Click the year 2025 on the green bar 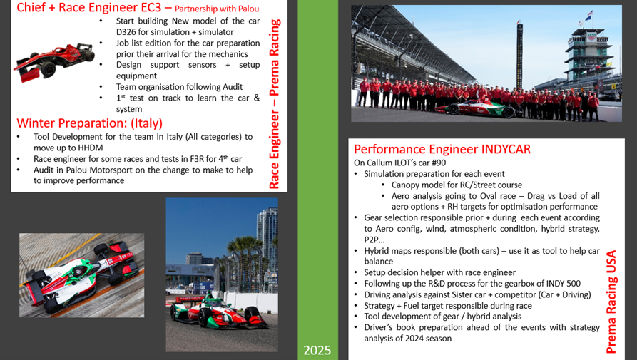coord(317,350)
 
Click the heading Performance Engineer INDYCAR coord(442,149)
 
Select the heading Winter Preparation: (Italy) coord(90,122)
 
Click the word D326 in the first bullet coord(129,32)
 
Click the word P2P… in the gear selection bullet coord(374,240)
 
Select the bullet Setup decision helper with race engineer coord(439,272)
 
